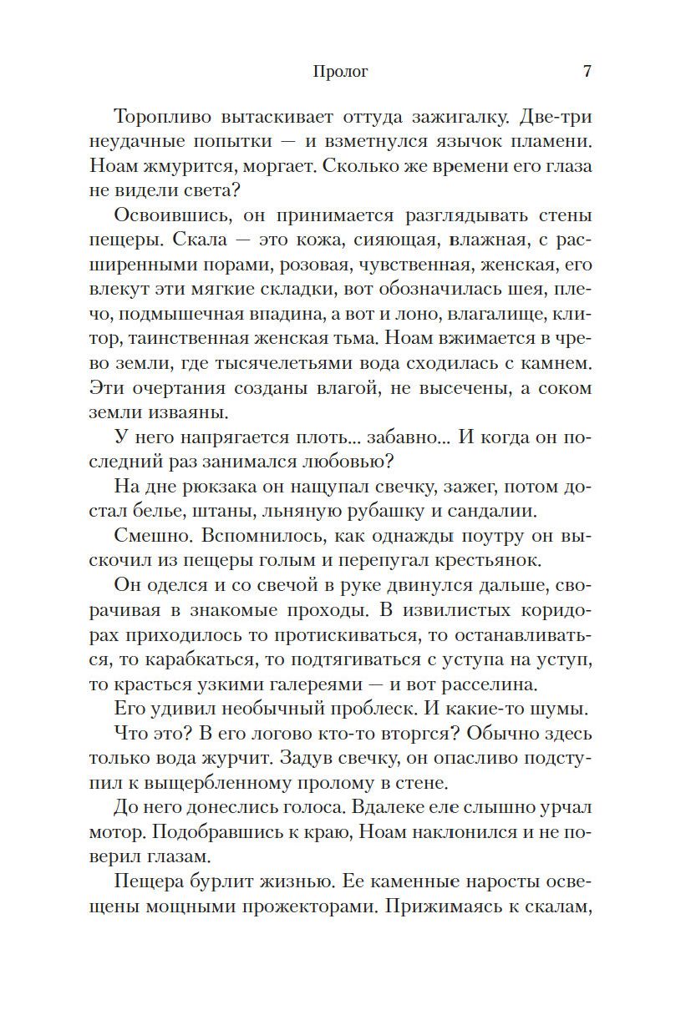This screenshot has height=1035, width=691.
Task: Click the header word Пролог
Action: point(340,72)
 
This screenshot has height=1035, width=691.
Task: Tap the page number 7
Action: point(587,71)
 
